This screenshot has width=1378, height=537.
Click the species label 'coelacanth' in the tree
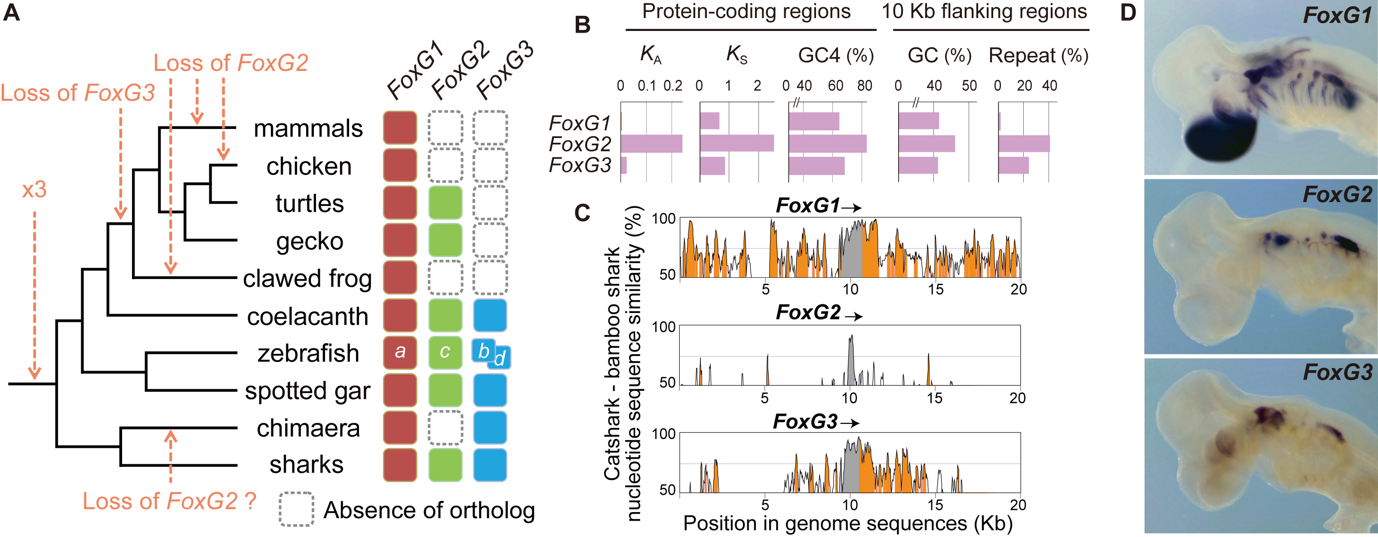pyautogui.click(x=307, y=316)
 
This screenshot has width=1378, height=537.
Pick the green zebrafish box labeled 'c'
pyautogui.click(x=445, y=353)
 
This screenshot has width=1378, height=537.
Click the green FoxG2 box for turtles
pyautogui.click(x=445, y=203)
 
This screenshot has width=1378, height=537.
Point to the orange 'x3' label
pyautogui.click(x=34, y=190)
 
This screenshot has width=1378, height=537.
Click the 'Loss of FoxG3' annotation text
pyautogui.click(x=77, y=93)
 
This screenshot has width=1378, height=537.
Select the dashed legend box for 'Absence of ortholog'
pyautogui.click(x=296, y=509)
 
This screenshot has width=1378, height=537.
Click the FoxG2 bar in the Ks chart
pyautogui.click(x=737, y=143)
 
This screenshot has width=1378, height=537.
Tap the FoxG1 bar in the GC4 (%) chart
pyautogui.click(x=813, y=121)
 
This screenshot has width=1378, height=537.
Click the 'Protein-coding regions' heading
pyautogui.click(x=746, y=12)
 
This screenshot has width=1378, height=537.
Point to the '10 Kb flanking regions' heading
pyautogui.click(x=984, y=12)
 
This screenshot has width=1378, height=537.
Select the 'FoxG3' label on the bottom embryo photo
pyautogui.click(x=1337, y=372)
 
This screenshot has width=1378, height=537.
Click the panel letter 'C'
pyautogui.click(x=582, y=213)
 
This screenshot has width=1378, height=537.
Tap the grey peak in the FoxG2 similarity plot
pyautogui.click(x=850, y=358)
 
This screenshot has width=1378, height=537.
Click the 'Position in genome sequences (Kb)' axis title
pyautogui.click(x=848, y=523)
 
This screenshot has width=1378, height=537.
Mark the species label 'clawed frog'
pyautogui.click(x=307, y=279)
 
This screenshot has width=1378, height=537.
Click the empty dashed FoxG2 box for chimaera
pyautogui.click(x=445, y=427)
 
